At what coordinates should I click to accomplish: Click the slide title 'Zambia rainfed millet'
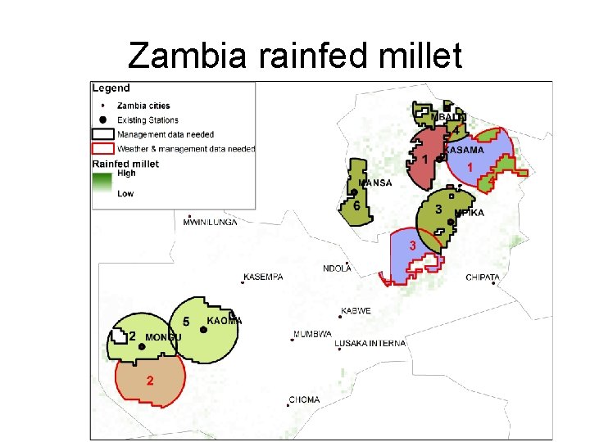(x=295, y=56)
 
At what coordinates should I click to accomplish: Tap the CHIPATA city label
(x=483, y=277)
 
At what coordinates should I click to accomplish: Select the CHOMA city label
(x=304, y=399)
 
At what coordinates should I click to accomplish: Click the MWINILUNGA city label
(x=210, y=222)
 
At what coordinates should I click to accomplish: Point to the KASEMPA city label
(x=264, y=277)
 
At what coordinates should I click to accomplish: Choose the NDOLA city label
(x=337, y=268)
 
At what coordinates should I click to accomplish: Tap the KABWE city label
(x=356, y=311)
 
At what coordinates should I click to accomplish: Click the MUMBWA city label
(x=312, y=334)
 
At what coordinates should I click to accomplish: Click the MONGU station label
(x=163, y=337)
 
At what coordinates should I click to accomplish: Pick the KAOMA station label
(x=224, y=321)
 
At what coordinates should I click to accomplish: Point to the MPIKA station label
(x=469, y=213)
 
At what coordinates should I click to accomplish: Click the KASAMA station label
(x=464, y=150)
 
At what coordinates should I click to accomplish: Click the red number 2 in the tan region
(x=149, y=381)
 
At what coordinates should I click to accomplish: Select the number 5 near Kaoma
(x=186, y=322)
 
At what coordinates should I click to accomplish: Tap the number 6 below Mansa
(x=356, y=206)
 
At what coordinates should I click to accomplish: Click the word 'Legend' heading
(x=111, y=88)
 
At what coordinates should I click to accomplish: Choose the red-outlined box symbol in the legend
(x=102, y=149)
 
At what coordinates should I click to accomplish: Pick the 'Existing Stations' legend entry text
(x=148, y=120)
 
